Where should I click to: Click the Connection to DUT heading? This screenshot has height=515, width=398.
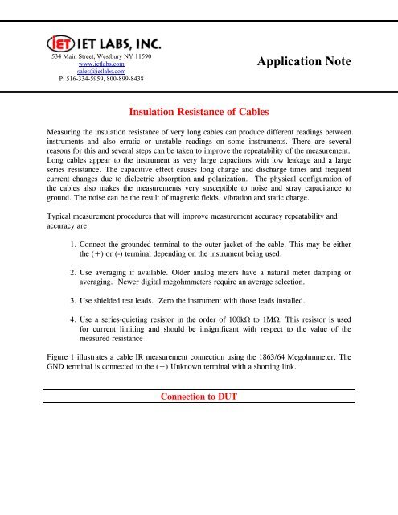coord(199,398)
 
